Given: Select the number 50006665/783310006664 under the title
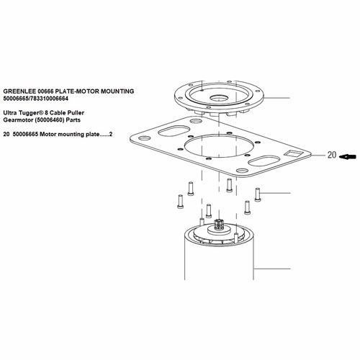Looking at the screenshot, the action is pyautogui.click(x=36, y=99).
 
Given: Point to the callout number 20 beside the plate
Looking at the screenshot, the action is pyautogui.click(x=332, y=155).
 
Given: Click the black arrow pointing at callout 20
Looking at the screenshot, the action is pyautogui.click(x=348, y=157).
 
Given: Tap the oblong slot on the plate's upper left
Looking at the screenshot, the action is pyautogui.click(x=174, y=131).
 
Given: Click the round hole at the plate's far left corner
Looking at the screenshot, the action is pyautogui.click(x=145, y=138).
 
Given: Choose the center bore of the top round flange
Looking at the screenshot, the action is pyautogui.click(x=220, y=98).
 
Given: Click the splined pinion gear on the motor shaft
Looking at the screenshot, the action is pyautogui.click(x=219, y=224).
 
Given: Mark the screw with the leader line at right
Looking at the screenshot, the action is pyautogui.click(x=258, y=195).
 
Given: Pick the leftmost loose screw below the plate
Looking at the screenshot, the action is pyautogui.click(x=181, y=202).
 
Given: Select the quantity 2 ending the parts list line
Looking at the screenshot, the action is pyautogui.click(x=111, y=134).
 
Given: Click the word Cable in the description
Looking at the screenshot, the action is pyautogui.click(x=57, y=113).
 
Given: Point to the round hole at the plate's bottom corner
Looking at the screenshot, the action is pyautogui.click(x=243, y=171).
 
